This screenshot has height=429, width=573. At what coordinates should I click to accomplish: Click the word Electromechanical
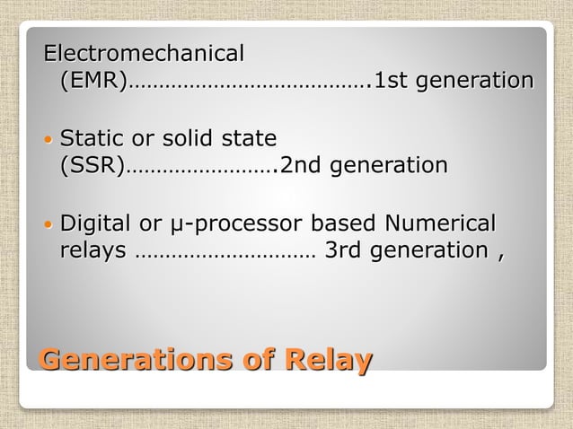pos(145,54)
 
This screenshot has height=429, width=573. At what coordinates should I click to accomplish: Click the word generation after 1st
pos(473,82)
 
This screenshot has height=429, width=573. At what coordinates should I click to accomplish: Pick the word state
pos(251,139)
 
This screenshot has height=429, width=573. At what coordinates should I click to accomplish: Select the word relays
pos(93,250)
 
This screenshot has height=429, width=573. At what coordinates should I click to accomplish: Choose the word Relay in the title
pos(328,360)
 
